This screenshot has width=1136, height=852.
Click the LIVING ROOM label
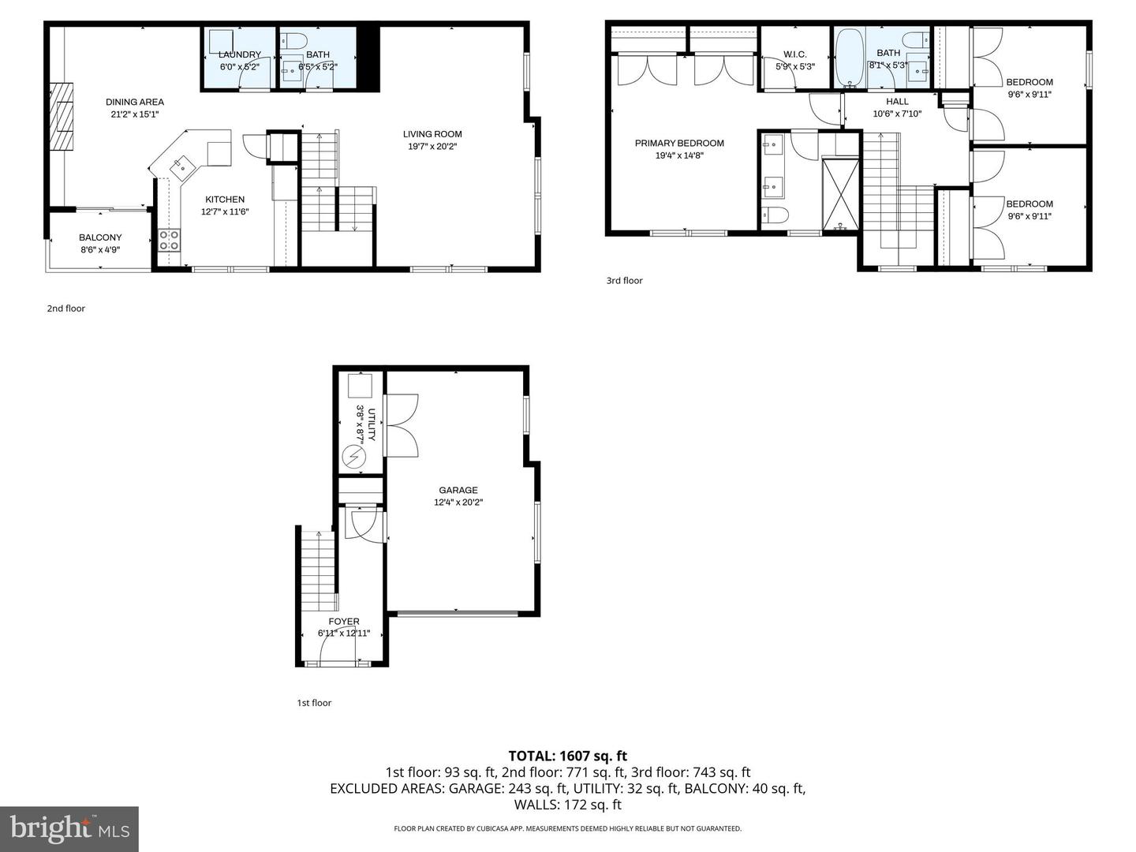coord(432,134)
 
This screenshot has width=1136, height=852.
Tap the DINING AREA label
coord(135,102)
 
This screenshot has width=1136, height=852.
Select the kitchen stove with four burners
coord(169,240)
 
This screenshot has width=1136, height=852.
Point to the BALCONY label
coord(100,237)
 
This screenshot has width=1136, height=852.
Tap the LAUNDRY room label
coord(240,54)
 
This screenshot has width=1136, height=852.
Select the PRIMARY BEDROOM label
coord(679,144)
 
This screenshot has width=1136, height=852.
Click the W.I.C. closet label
coord(794,54)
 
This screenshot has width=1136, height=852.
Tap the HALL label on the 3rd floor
coord(897,102)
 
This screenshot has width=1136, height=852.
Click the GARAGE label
coord(458,490)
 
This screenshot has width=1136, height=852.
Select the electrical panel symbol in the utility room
coord(353,457)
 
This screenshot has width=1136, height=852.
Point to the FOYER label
coord(344,622)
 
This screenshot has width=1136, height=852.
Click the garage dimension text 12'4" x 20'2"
coord(458,502)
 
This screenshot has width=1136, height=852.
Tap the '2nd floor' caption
coord(66,308)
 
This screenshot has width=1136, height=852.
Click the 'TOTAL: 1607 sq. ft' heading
coord(567,756)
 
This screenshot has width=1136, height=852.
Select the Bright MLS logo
coord(69,828)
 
